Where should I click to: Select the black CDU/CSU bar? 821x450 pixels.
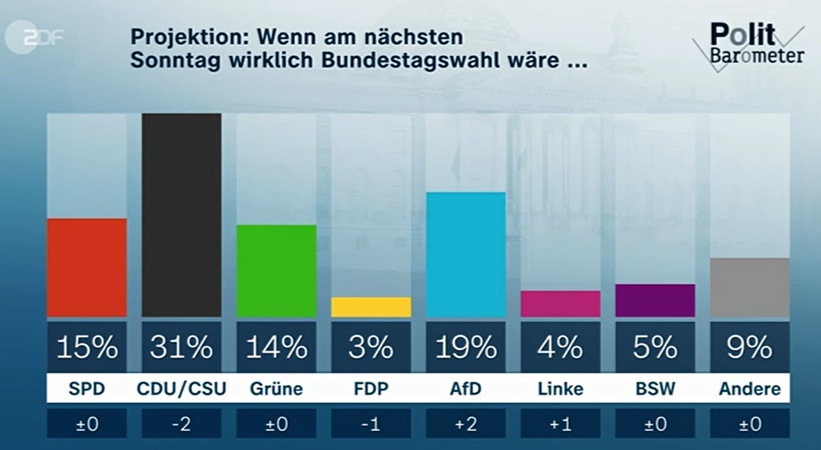tap(182, 215)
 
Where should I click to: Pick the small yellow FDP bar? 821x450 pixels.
tap(371, 307)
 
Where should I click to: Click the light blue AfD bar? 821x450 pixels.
tap(465, 255)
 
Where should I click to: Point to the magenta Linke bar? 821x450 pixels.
tap(560, 304)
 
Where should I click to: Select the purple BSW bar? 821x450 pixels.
tap(655, 301)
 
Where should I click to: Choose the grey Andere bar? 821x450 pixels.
tap(750, 287)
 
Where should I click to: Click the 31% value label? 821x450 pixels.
tap(182, 348)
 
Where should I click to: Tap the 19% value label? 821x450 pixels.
tap(465, 348)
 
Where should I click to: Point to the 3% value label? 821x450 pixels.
tap(371, 348)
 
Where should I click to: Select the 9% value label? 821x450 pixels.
tap(750, 348)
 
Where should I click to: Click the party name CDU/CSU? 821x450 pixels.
tap(182, 389)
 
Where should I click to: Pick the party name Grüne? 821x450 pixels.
tap(276, 389)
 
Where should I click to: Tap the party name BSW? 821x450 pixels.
tap(655, 389)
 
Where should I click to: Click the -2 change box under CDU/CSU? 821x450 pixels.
tap(182, 424)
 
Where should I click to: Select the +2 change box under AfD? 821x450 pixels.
tap(465, 424)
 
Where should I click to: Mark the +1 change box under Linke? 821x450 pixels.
tap(560, 424)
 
